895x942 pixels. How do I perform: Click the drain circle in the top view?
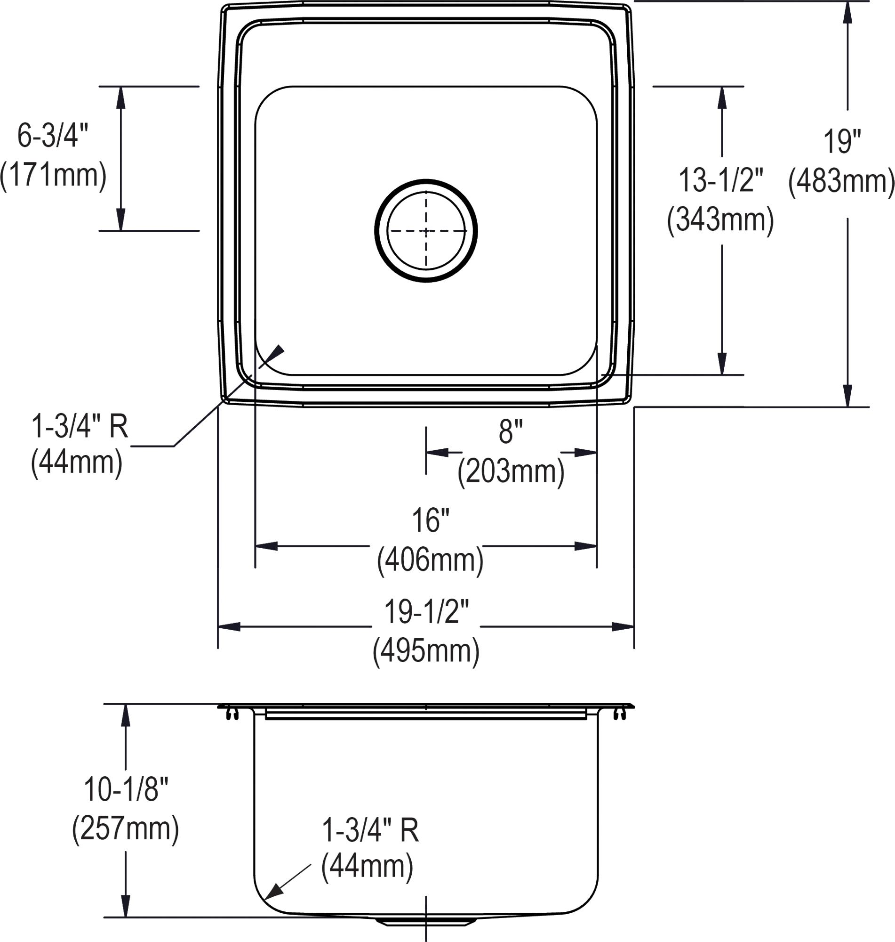[x=426, y=231]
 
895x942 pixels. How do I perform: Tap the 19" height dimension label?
[x=842, y=142]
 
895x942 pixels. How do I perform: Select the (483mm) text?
[x=841, y=181]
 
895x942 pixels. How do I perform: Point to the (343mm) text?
[x=720, y=220]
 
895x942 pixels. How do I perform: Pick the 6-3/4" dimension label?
[x=53, y=136]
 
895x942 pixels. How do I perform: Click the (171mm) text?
[x=53, y=176]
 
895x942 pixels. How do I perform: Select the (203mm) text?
[x=511, y=472]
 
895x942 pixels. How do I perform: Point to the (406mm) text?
[x=431, y=560]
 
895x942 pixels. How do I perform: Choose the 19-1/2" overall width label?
[x=427, y=612]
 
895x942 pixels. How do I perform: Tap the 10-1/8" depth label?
[x=126, y=789]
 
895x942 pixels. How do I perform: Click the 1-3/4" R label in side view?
[x=370, y=830]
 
